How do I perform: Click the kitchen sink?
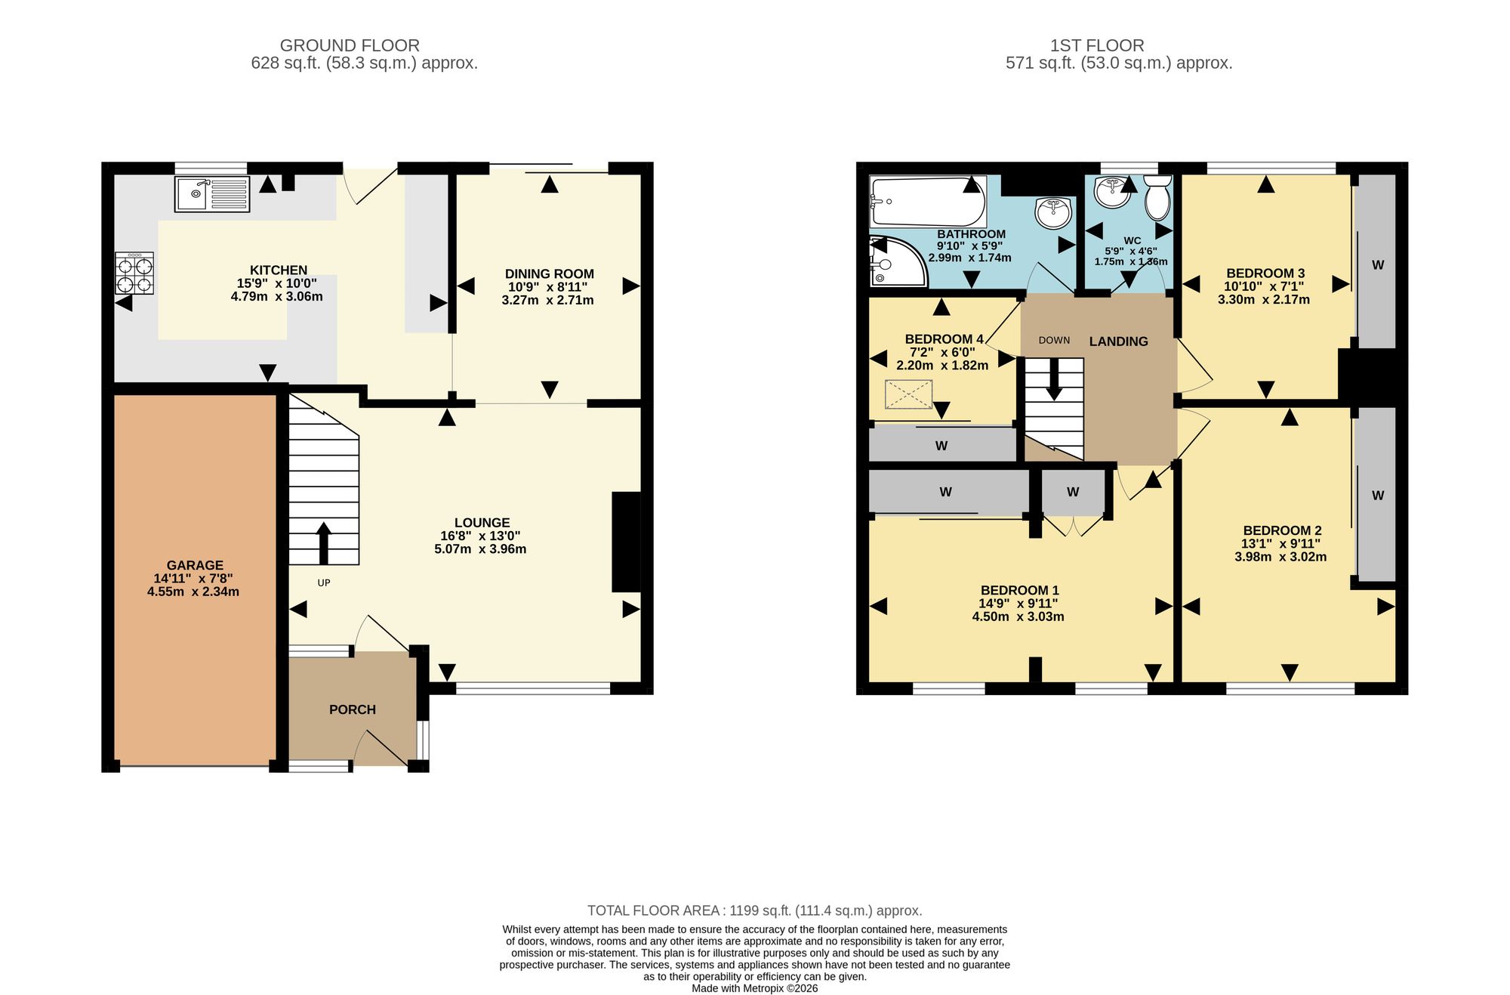point(212,194)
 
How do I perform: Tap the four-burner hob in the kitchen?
point(134,273)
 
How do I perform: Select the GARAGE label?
point(195,565)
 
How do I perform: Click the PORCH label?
point(353,709)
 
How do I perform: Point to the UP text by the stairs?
point(324,582)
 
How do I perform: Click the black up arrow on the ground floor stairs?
point(324,543)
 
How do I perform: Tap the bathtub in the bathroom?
point(928,201)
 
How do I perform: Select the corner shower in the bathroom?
point(898,261)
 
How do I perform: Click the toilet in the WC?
point(1157,197)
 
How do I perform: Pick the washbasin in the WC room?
point(1113,192)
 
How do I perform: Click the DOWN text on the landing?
point(1054,340)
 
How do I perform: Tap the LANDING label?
point(1118,341)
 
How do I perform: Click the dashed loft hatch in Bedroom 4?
point(908,394)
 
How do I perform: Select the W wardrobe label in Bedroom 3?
point(1378,265)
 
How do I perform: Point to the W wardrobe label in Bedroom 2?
point(1378,496)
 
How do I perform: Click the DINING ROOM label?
point(549,273)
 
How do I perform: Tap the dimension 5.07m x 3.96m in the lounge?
point(480,549)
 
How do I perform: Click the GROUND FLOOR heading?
point(350,45)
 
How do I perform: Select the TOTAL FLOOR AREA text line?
point(755,910)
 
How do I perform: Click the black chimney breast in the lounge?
point(626,542)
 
